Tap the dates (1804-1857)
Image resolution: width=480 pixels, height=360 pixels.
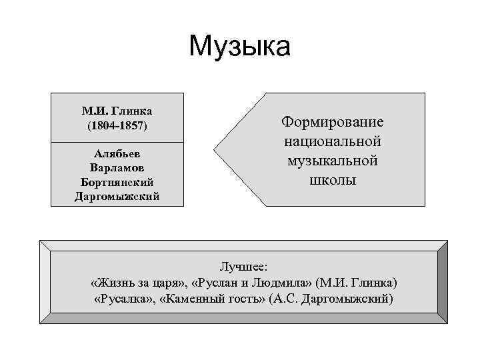[117, 125]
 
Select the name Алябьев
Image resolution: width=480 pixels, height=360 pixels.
[117, 153]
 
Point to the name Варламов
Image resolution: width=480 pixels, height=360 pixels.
[117, 167]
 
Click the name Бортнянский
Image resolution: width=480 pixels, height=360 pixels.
[117, 181]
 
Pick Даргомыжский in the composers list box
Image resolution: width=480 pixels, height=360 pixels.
[117, 196]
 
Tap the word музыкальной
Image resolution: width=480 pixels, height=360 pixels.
[333, 161]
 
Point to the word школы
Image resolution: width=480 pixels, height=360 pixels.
[333, 180]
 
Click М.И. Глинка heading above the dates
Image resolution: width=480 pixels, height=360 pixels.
[117, 110]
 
